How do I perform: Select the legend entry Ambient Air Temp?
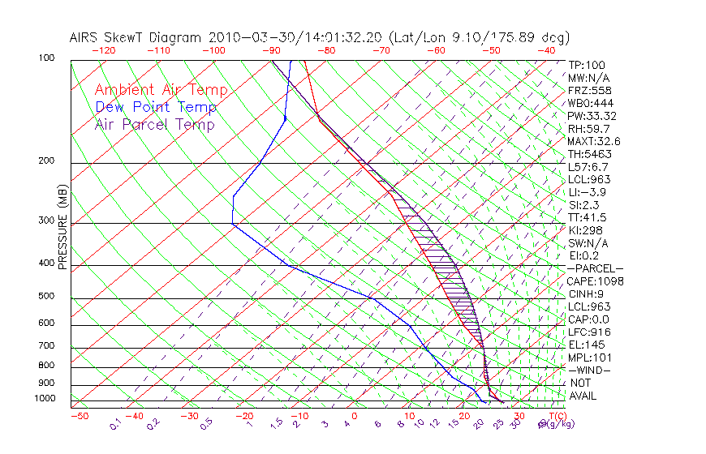tap(161, 91)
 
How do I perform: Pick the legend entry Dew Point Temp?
tap(156, 108)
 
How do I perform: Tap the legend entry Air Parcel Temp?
tap(155, 125)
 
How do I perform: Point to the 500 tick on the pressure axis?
tap(47, 296)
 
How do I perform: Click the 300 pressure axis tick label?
tap(47, 221)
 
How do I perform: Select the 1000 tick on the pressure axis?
tap(45, 399)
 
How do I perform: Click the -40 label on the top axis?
tap(546, 50)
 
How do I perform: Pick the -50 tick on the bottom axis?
tap(79, 417)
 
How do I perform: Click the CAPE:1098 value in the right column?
tap(595, 281)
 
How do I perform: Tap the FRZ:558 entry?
tap(589, 90)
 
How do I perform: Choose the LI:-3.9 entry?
tap(587, 192)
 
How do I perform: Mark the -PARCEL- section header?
tap(595, 268)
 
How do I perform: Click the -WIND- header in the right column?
tap(590, 370)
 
